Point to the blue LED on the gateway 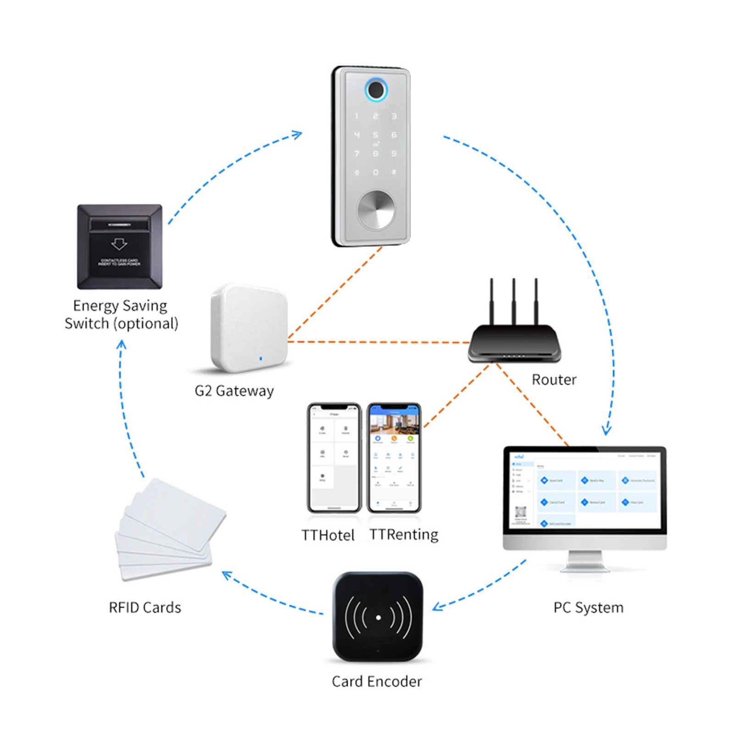tap(261, 358)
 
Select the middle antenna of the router tap(514, 300)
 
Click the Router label tap(554, 380)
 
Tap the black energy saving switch tap(119, 247)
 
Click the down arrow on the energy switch tap(119, 243)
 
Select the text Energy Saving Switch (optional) tap(121, 315)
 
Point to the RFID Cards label tap(145, 607)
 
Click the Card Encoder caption tap(377, 682)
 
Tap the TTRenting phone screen tap(394, 459)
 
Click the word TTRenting tap(404, 535)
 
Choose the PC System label tap(588, 608)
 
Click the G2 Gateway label tap(234, 391)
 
